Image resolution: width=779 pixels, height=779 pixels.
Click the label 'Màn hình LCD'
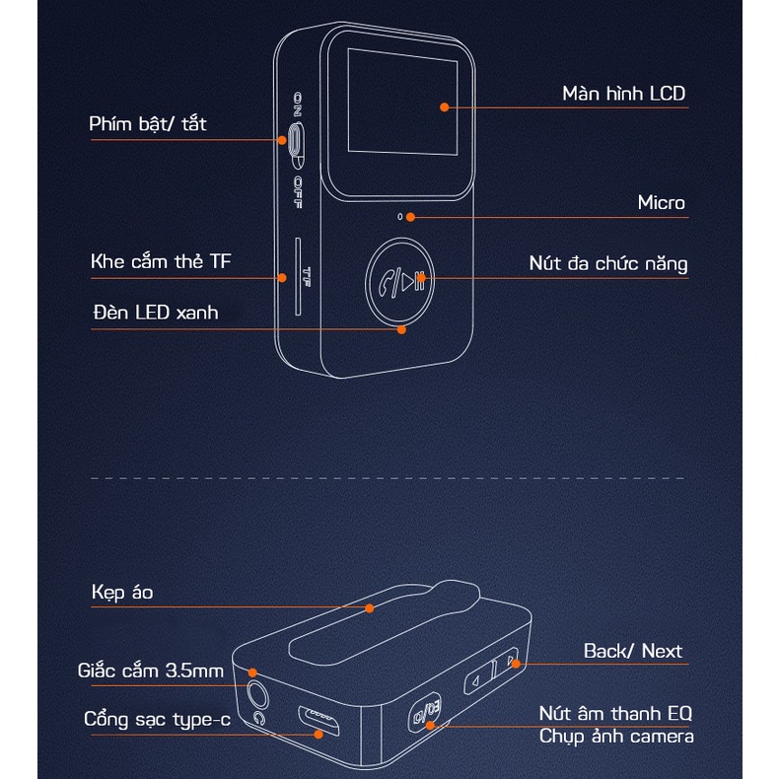coord(623,94)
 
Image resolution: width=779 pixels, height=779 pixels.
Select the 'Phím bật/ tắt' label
coord(148,124)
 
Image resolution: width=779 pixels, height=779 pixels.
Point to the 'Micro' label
coord(661,203)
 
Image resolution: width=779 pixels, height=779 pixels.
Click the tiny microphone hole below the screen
coord(399,216)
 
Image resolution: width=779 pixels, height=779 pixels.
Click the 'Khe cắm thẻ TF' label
coord(163,262)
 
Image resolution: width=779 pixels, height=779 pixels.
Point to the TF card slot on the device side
coord(296,276)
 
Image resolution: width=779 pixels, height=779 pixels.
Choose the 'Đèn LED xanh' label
coord(155,313)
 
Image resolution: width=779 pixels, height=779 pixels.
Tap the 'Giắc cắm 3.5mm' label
coord(151,672)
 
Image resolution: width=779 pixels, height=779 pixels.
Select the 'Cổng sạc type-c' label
coord(157,720)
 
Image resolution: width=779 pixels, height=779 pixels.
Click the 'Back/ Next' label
coord(632,651)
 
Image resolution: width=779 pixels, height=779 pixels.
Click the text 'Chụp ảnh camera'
coord(616,737)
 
